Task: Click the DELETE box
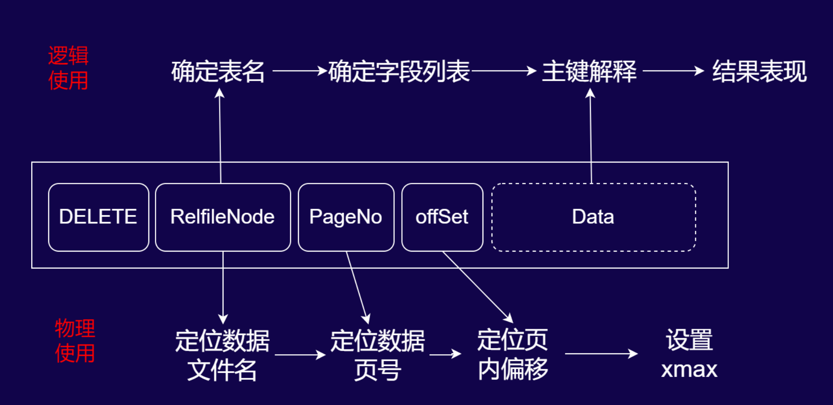98,217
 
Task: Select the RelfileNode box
223,217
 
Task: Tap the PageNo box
346,217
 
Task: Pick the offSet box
442,217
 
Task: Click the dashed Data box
593,217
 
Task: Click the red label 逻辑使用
68,68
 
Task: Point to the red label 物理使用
75,341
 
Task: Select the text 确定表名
218,72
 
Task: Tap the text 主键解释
589,72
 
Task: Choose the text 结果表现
759,72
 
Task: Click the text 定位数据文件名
222,355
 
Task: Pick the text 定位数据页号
377,355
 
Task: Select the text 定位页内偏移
513,354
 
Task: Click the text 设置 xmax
689,354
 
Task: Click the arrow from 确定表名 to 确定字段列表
299,70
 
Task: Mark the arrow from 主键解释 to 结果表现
672,70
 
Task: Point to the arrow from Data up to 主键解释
590,135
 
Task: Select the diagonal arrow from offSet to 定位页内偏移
477,287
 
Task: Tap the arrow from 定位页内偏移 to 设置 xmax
601,354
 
